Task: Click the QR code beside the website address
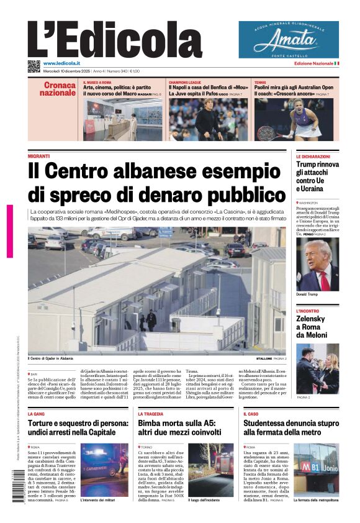(34, 66)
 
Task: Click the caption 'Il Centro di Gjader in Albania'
(50, 358)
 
